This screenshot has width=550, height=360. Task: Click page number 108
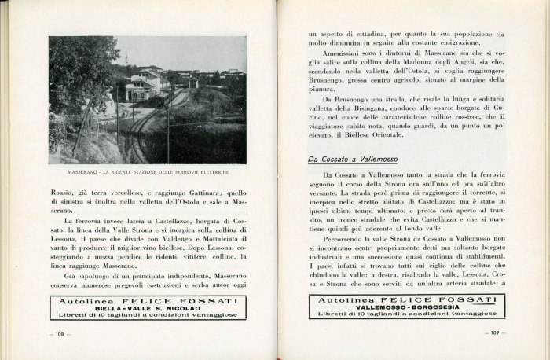click(x=60, y=333)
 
